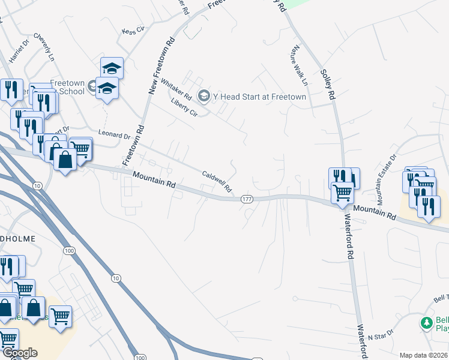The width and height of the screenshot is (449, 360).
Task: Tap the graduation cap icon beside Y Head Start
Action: (204, 96)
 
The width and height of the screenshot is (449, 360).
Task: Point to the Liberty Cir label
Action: (184, 107)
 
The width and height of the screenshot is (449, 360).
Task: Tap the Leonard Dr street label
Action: (114, 136)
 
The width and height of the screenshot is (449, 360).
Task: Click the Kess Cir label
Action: (133, 29)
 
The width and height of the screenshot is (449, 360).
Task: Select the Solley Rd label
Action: (327, 83)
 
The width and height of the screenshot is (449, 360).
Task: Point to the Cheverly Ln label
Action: (44, 46)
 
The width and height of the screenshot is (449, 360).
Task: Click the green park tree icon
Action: (427, 323)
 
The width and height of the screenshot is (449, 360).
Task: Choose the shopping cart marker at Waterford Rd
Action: (343, 193)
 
